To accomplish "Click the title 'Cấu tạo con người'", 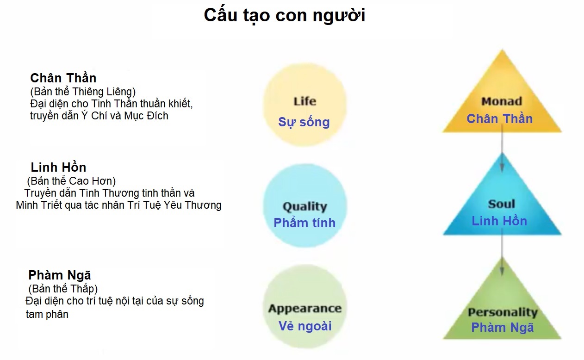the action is (285, 16).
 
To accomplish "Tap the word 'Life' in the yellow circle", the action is (305, 101).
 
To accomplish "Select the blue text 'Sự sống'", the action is (304, 122).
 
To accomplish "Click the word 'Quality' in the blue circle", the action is (305, 206).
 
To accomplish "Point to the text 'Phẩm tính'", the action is (304, 223).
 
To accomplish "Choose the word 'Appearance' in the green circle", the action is (305, 308).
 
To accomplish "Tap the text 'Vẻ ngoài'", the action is (305, 326).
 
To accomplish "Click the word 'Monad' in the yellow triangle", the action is (502, 101).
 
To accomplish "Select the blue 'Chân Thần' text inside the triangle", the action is (499, 118).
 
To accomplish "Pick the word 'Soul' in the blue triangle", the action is (502, 204).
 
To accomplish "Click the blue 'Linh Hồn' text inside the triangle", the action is (499, 221).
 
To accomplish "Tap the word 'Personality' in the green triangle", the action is (503, 312).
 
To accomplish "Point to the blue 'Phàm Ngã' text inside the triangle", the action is (503, 328).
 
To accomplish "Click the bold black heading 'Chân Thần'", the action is (63, 78).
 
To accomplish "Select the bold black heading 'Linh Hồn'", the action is (58, 168).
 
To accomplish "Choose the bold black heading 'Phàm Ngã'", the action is (60, 275).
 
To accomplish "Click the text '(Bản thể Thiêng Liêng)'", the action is (83, 92).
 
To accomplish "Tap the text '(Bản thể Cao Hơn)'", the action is (71, 181).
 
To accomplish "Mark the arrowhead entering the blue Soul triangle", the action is (502, 167).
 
